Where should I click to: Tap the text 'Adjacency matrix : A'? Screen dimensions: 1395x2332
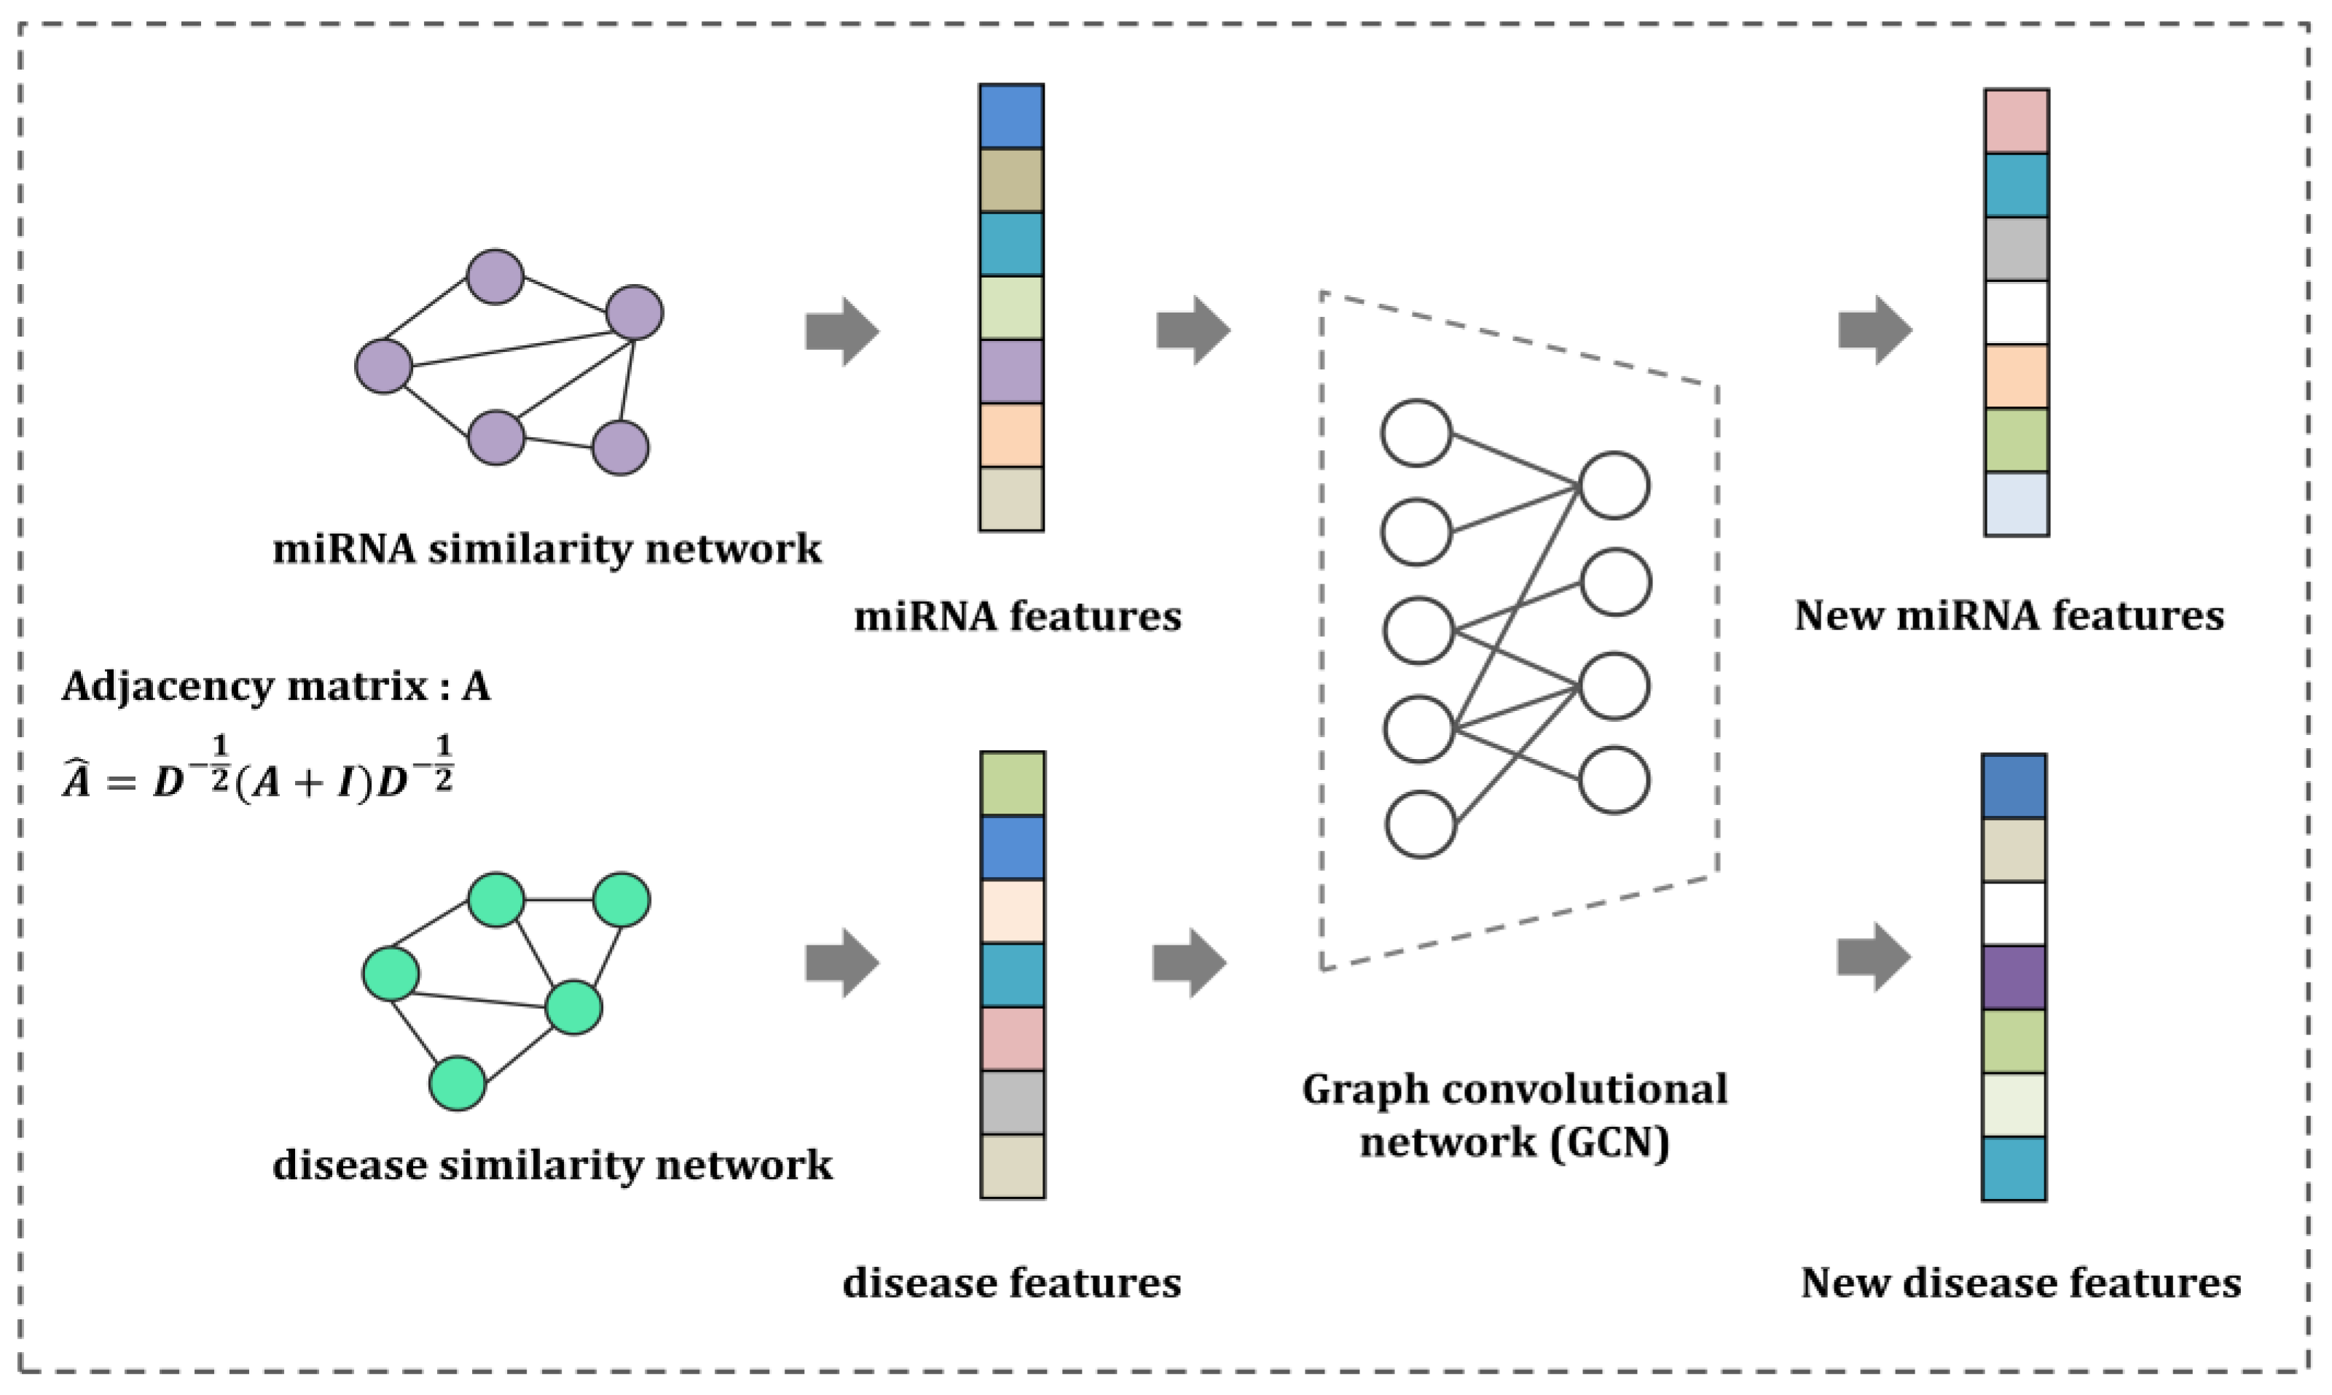[275, 686]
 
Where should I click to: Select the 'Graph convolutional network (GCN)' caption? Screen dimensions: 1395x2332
[1513, 1116]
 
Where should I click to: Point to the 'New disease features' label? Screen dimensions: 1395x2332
[2020, 1282]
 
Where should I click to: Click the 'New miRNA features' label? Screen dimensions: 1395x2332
[2009, 616]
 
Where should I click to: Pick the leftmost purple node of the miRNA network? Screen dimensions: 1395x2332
[383, 366]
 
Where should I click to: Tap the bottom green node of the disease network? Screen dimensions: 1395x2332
[457, 1083]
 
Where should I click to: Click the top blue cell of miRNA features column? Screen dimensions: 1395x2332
[1011, 117]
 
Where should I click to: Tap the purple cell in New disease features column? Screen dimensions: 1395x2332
[2014, 978]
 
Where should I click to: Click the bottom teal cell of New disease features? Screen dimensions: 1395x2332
[2014, 1168]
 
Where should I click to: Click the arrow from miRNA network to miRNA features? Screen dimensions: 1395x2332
[841, 331]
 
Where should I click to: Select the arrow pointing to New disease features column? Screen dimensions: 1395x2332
[1873, 957]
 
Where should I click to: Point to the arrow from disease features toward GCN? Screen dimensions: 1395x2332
[1189, 962]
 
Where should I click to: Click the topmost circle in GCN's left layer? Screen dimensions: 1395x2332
[1416, 433]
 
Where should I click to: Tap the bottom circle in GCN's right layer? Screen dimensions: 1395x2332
[1614, 779]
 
